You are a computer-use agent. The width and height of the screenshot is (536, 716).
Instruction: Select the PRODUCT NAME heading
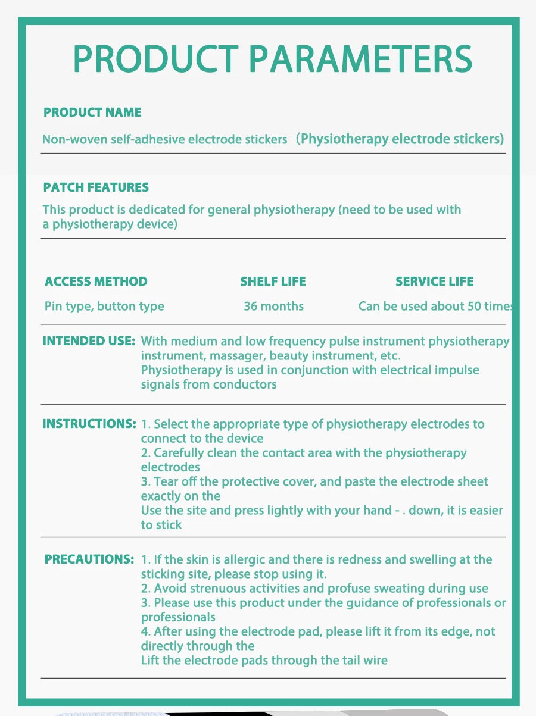point(92,112)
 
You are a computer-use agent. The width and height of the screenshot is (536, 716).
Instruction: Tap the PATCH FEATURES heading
point(96,187)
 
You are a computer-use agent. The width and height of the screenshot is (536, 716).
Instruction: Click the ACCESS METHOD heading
point(96,282)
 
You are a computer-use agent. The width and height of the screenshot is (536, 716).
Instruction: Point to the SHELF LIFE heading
point(273,282)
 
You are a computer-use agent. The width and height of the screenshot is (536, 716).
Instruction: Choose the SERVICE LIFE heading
point(434,282)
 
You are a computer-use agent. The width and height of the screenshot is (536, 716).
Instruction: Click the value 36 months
point(273,307)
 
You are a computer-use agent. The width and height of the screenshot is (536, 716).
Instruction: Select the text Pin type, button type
point(104,307)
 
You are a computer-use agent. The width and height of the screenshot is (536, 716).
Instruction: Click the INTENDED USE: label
point(89,342)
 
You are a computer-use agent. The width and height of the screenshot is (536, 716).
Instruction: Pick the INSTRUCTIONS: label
point(89,424)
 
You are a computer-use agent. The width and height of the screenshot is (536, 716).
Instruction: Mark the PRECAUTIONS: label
point(89,560)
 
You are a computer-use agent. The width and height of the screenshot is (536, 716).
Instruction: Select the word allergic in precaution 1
point(226,560)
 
